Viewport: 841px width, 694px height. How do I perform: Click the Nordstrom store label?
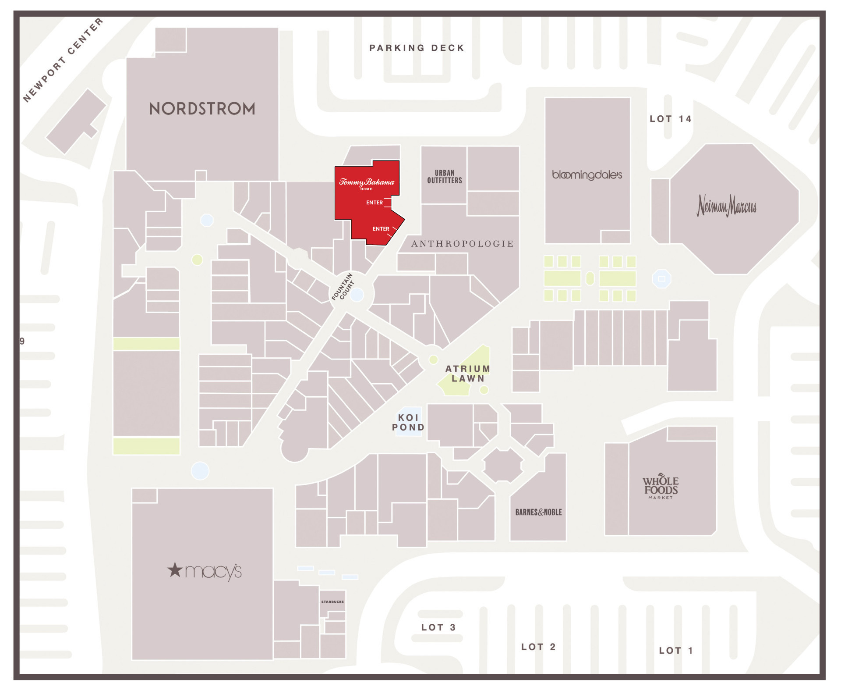(202, 109)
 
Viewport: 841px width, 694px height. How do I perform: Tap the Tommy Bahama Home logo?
(367, 183)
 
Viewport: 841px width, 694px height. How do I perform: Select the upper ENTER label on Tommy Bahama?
(375, 203)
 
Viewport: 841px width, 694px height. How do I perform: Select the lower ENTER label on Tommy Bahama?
(381, 229)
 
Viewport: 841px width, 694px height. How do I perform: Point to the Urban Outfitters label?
(445, 177)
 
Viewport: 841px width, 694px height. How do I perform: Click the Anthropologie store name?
(462, 244)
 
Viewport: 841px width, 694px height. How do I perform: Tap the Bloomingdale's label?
(587, 175)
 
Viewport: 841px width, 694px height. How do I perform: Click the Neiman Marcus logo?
(726, 206)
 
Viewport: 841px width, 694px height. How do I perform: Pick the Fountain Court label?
(343, 287)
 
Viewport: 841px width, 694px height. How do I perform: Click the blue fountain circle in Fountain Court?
(357, 295)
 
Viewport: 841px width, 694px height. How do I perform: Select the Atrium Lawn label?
(468, 374)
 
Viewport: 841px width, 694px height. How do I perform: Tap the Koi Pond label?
(408, 422)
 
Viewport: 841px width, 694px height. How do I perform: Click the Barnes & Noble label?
(538, 512)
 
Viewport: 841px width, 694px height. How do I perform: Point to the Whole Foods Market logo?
(661, 486)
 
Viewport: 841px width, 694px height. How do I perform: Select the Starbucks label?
(332, 601)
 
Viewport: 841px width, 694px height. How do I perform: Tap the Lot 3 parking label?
(438, 627)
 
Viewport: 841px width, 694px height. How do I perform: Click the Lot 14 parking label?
(671, 119)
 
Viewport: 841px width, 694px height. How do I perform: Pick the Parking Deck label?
(417, 48)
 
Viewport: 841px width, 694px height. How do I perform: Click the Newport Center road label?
(63, 60)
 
